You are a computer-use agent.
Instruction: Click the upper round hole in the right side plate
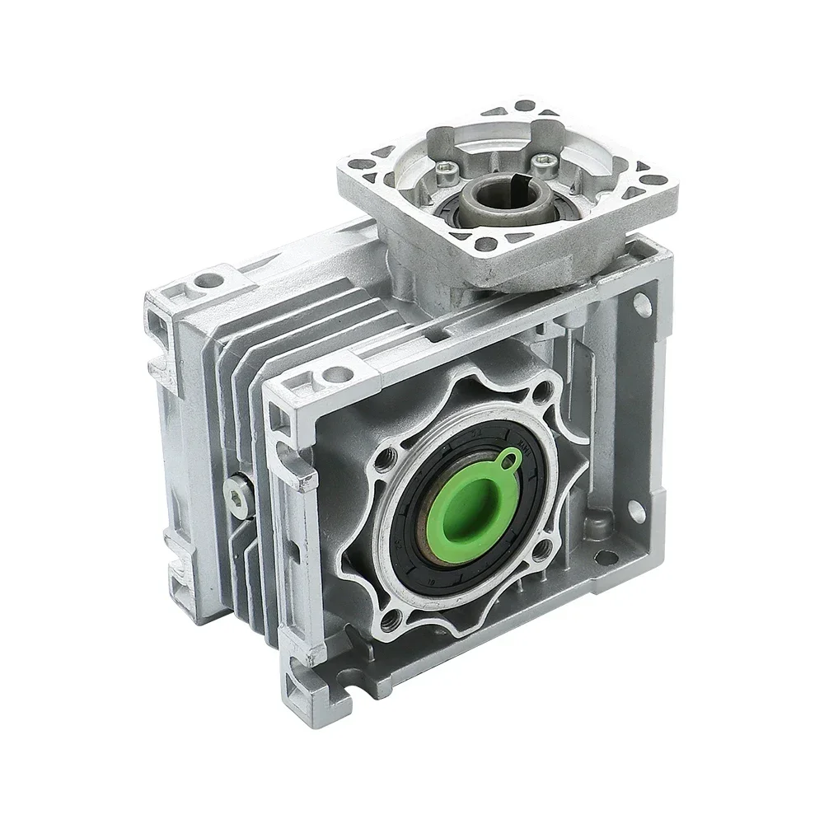coord(639,309)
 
